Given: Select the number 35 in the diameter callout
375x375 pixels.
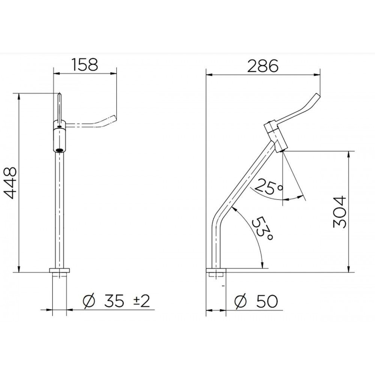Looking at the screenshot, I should [114, 301].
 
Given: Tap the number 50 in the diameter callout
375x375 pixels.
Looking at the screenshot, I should [267, 301].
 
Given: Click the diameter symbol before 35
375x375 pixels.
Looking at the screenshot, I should [88, 301].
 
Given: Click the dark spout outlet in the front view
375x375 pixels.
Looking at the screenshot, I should [59, 150].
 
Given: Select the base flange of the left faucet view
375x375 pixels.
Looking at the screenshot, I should [60, 270].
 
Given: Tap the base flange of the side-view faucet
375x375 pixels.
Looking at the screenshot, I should [216, 270].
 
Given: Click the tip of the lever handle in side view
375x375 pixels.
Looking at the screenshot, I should [318, 96].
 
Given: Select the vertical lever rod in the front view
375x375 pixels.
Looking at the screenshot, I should [59, 106].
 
